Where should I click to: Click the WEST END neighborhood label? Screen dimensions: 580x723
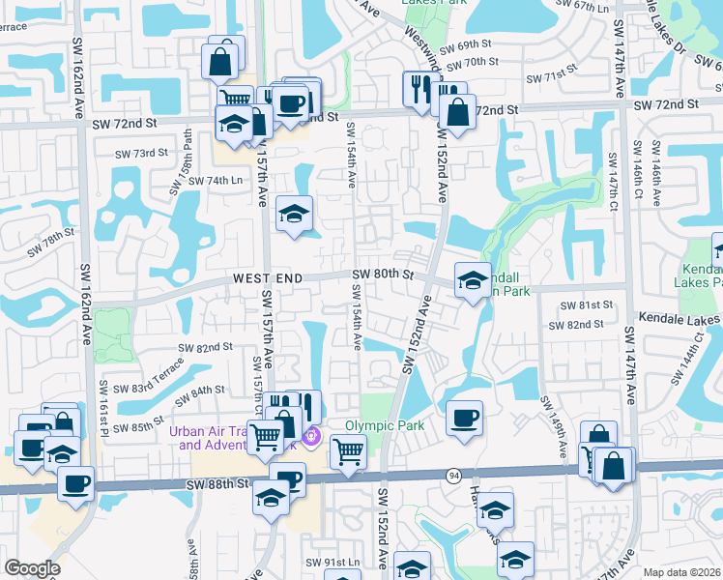click(268, 278)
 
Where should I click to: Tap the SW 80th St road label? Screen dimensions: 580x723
click(383, 275)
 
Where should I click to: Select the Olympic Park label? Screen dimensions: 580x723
click(385, 425)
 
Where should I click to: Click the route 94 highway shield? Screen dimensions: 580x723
click(453, 475)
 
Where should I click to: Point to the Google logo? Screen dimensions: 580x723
click(32, 568)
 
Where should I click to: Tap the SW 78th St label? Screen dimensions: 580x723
click(50, 242)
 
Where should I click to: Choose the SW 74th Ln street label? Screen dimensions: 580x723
click(215, 181)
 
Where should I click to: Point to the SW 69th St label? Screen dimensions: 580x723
click(465, 46)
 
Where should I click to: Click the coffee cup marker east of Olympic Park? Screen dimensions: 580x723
click(465, 419)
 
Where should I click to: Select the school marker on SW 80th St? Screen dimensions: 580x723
click(473, 281)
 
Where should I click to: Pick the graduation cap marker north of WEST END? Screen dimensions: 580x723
click(295, 215)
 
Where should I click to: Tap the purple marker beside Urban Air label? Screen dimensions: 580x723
click(310, 438)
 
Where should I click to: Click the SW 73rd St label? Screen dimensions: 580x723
click(141, 153)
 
